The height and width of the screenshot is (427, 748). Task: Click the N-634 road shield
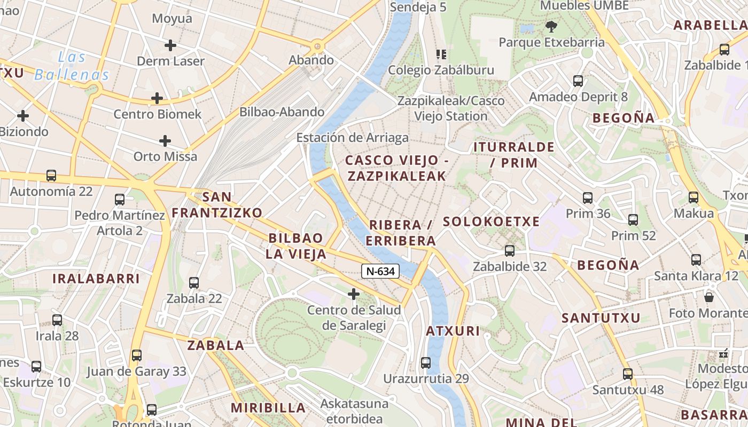pos(380,271)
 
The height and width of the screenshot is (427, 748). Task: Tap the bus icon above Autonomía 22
pos(51,175)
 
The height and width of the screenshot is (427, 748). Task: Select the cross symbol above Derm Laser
pos(170,45)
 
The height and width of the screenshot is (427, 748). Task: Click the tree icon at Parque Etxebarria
pos(551,26)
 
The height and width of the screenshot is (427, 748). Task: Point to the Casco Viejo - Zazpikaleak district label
pos(396,168)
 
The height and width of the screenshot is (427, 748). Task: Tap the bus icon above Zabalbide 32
pos(510,250)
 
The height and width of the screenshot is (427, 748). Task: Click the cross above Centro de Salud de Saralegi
pos(353,294)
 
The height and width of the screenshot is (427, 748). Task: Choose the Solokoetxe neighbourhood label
pos(491,222)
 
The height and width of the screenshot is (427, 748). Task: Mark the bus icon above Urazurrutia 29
pos(426,362)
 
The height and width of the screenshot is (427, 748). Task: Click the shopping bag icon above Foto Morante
pos(709,297)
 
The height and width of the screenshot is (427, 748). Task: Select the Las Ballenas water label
pos(72,66)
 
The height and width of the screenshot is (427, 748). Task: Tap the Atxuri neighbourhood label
pos(453,331)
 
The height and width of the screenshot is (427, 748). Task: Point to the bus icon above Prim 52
pos(633,219)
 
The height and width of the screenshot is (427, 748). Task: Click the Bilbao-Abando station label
pos(282,112)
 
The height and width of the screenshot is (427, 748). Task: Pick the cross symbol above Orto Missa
pos(165,141)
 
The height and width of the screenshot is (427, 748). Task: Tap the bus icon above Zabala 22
pos(194,282)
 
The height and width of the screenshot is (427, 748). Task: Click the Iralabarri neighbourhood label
pos(96,278)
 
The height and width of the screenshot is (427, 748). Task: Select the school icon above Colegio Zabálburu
pos(441,54)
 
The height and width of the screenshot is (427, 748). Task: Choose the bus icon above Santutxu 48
pos(628,374)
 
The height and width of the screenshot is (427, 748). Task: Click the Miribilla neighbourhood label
pos(268,408)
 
